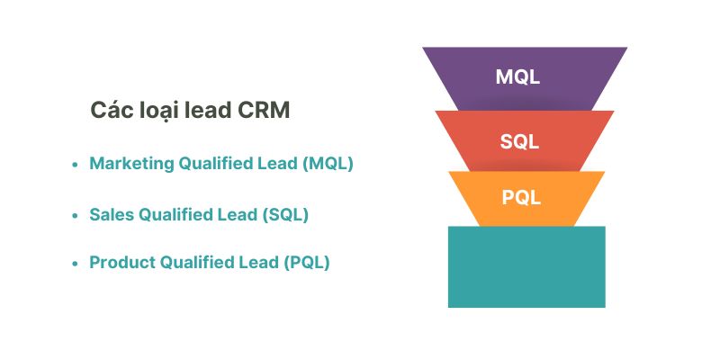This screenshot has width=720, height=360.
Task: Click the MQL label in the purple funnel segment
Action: [517, 76]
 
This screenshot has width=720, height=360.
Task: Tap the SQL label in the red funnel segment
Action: [520, 141]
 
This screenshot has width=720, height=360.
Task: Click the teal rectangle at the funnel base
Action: [526, 266]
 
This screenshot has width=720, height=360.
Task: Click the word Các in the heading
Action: [110, 111]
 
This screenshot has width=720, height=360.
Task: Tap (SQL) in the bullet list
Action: [284, 215]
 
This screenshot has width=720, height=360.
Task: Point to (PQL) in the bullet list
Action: [306, 263]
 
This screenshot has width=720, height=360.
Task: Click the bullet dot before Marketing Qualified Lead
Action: [75, 165]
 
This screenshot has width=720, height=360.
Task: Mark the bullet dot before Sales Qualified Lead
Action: [75, 216]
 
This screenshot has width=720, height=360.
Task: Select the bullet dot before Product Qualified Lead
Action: [75, 264]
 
